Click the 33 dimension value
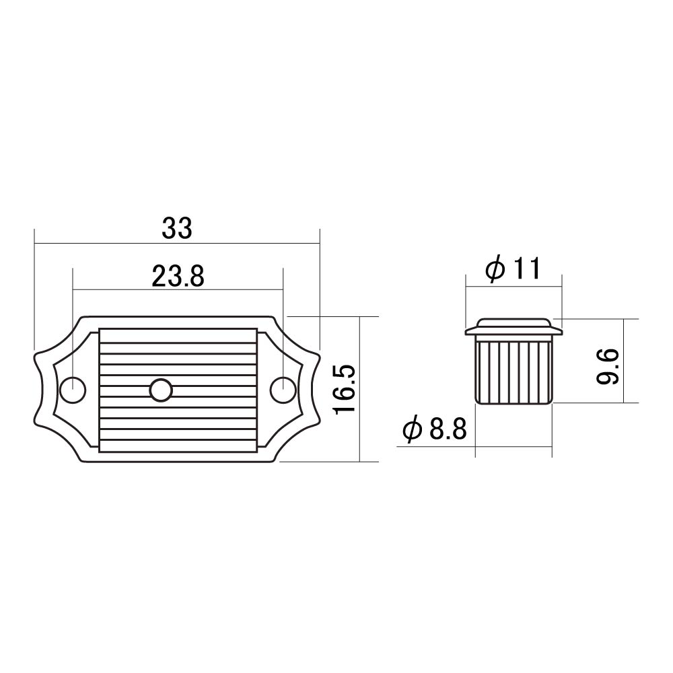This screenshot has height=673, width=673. click(x=177, y=228)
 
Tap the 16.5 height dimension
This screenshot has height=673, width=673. click(x=345, y=389)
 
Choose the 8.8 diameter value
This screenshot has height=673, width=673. click(x=448, y=429)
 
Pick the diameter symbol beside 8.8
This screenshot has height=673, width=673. click(x=413, y=429)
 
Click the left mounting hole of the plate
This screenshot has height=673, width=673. click(x=73, y=390)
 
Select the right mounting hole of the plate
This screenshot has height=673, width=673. click(x=283, y=390)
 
